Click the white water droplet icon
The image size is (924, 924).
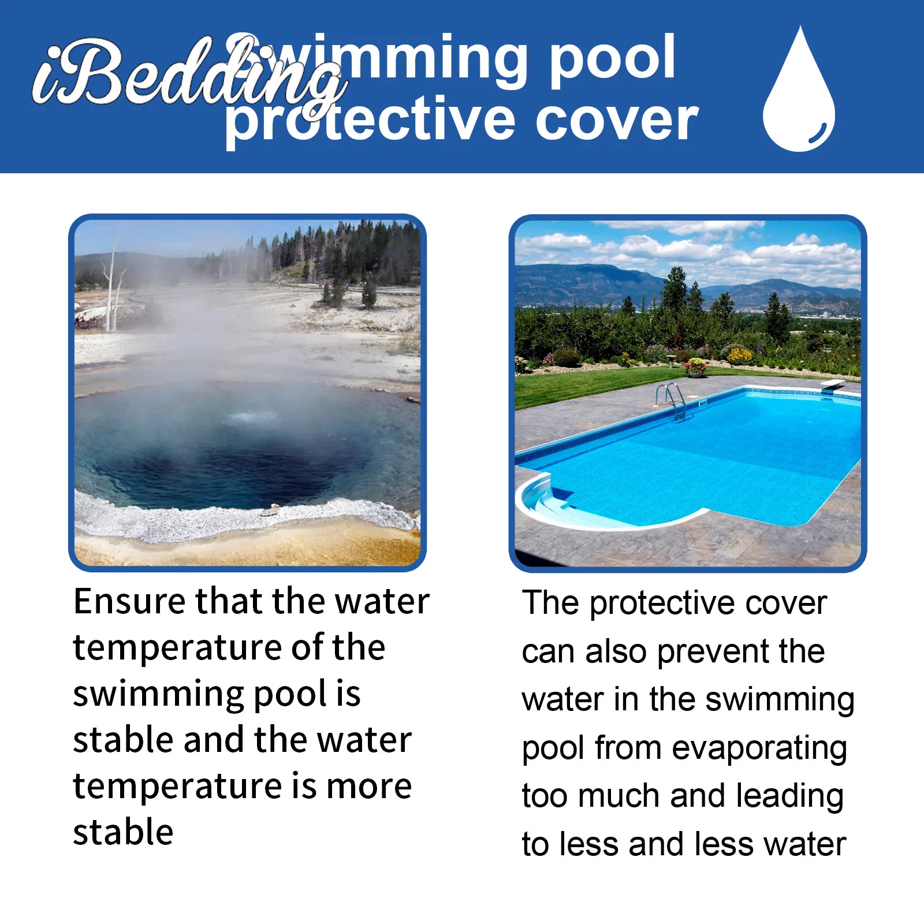[x=799, y=92]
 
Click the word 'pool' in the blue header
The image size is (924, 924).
[x=612, y=58]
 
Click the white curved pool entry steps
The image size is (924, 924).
[x=549, y=500]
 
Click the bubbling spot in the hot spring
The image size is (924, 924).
[x=252, y=416]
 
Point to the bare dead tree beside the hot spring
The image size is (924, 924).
[x=112, y=283]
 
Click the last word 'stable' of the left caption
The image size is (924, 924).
[x=123, y=833]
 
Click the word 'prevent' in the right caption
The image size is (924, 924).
[x=713, y=652]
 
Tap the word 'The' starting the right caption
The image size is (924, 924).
[x=550, y=603]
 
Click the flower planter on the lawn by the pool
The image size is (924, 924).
[x=695, y=368]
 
